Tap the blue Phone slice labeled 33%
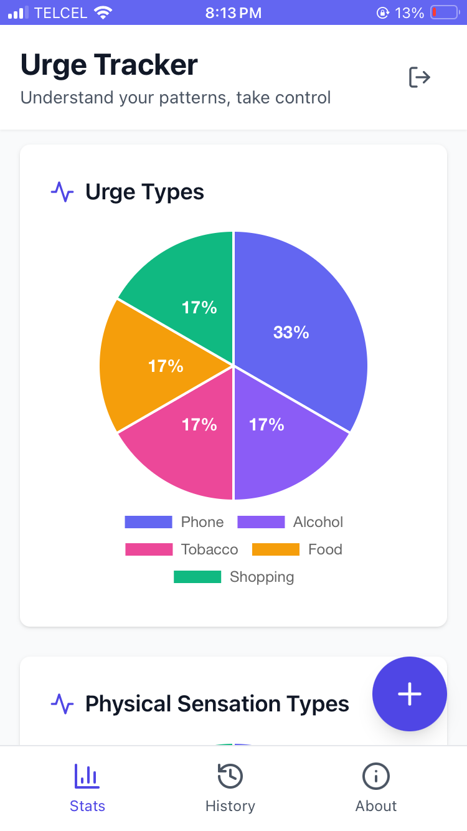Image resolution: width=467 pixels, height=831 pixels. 299,324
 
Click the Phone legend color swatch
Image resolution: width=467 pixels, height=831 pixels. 148,522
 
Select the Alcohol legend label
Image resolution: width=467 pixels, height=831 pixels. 318,522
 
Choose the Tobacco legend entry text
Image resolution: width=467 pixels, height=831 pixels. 209,549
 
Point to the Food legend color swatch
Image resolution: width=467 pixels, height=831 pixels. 275,549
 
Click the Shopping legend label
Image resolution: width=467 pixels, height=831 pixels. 262,577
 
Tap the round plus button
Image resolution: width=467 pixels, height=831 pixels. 410,694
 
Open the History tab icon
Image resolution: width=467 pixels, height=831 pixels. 230,776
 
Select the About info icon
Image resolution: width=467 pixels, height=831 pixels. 376,776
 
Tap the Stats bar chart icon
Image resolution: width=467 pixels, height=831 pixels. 87,776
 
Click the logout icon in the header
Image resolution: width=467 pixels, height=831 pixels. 420,77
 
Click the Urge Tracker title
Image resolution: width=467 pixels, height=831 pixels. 110,65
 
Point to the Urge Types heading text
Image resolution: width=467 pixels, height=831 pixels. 144,192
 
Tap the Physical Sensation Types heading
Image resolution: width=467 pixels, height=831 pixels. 217,704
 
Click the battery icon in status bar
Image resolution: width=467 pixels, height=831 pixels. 445,12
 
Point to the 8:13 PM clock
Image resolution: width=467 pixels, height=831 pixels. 233,12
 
